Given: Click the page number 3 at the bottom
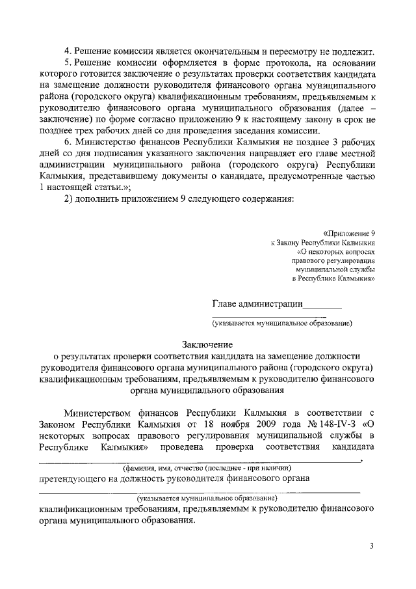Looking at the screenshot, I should [372, 545].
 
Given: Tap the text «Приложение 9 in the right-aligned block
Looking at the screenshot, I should [349, 232].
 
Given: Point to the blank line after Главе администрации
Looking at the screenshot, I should [323, 305].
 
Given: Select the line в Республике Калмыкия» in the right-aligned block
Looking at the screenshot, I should [336, 278].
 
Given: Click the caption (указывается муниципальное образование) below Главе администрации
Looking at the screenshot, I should [281, 322].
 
